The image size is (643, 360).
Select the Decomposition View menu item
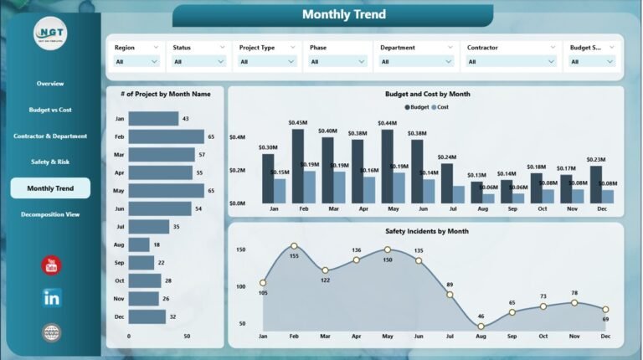pos(50,214)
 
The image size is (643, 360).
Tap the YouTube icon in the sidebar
pos(52,265)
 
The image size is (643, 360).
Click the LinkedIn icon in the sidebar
pos(52,296)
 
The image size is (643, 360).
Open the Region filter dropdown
pos(136,61)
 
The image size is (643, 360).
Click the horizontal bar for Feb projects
pos(167,136)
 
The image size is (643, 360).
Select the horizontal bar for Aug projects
pos(139,244)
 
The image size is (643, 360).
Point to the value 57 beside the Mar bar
pos(202,155)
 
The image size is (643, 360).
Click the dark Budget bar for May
pos(387,167)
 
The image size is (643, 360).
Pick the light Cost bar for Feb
pos(310,187)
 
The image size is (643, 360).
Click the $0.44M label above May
pos(387,123)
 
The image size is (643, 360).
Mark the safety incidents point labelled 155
pos(294,246)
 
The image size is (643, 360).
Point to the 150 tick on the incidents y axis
pos(240,249)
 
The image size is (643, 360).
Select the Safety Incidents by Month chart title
pos(427,231)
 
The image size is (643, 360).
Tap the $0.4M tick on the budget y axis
pos(237,137)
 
